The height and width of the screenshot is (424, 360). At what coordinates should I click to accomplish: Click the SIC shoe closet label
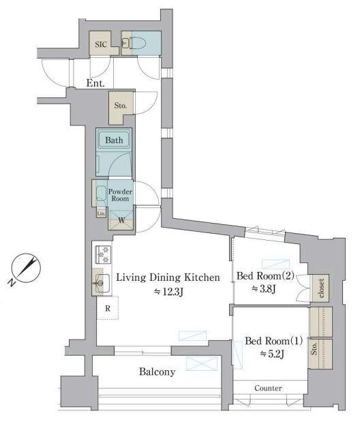click(x=101, y=44)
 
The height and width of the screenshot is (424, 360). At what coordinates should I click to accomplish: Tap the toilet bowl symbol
click(x=138, y=43)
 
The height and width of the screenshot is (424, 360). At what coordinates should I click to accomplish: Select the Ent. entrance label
click(x=95, y=83)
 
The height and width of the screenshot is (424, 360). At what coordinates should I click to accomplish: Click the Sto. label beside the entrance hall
click(x=121, y=105)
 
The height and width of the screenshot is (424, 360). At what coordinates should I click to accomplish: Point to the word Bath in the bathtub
click(x=114, y=140)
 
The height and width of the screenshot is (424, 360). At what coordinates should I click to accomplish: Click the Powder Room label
click(x=121, y=195)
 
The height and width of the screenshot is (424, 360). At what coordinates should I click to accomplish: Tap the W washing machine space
click(x=121, y=220)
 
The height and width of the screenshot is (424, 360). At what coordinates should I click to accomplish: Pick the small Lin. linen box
click(x=101, y=213)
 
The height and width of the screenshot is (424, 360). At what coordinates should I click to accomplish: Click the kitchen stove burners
click(x=104, y=255)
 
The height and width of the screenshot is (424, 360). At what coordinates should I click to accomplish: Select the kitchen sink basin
click(x=102, y=283)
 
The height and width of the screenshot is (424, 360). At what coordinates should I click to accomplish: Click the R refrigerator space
click(x=108, y=308)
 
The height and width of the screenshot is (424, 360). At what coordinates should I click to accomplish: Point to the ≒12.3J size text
click(x=169, y=292)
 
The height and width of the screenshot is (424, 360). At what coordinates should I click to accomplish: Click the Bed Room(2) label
click(x=265, y=276)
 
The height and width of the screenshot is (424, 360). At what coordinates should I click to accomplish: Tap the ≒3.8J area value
click(x=264, y=289)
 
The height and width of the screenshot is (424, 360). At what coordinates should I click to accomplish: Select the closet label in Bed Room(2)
click(x=321, y=288)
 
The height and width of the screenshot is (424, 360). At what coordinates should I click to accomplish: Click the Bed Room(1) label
click(x=273, y=341)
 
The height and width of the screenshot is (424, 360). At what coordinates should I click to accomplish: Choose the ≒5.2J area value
click(x=272, y=354)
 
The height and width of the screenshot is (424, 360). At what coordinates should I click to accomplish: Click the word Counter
click(x=268, y=389)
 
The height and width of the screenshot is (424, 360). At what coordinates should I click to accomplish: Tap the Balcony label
click(x=157, y=372)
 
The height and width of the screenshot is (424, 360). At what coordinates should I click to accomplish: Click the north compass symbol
click(x=25, y=269)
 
